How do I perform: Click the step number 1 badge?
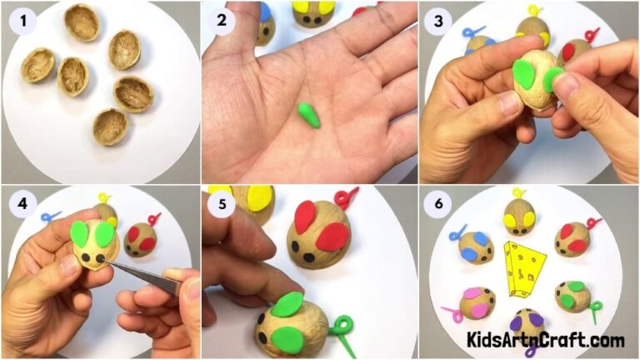click(x=22, y=22)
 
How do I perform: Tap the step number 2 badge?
click(x=221, y=22)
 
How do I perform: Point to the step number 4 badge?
click(x=22, y=205)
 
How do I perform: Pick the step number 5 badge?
click(x=221, y=205)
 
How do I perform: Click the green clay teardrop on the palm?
click(x=309, y=114)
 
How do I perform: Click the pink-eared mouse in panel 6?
click(x=475, y=302)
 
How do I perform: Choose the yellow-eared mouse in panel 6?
click(x=520, y=217)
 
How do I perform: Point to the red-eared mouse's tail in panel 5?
click(x=346, y=198)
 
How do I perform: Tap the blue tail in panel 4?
click(x=51, y=217)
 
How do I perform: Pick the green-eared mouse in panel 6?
click(x=572, y=296)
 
